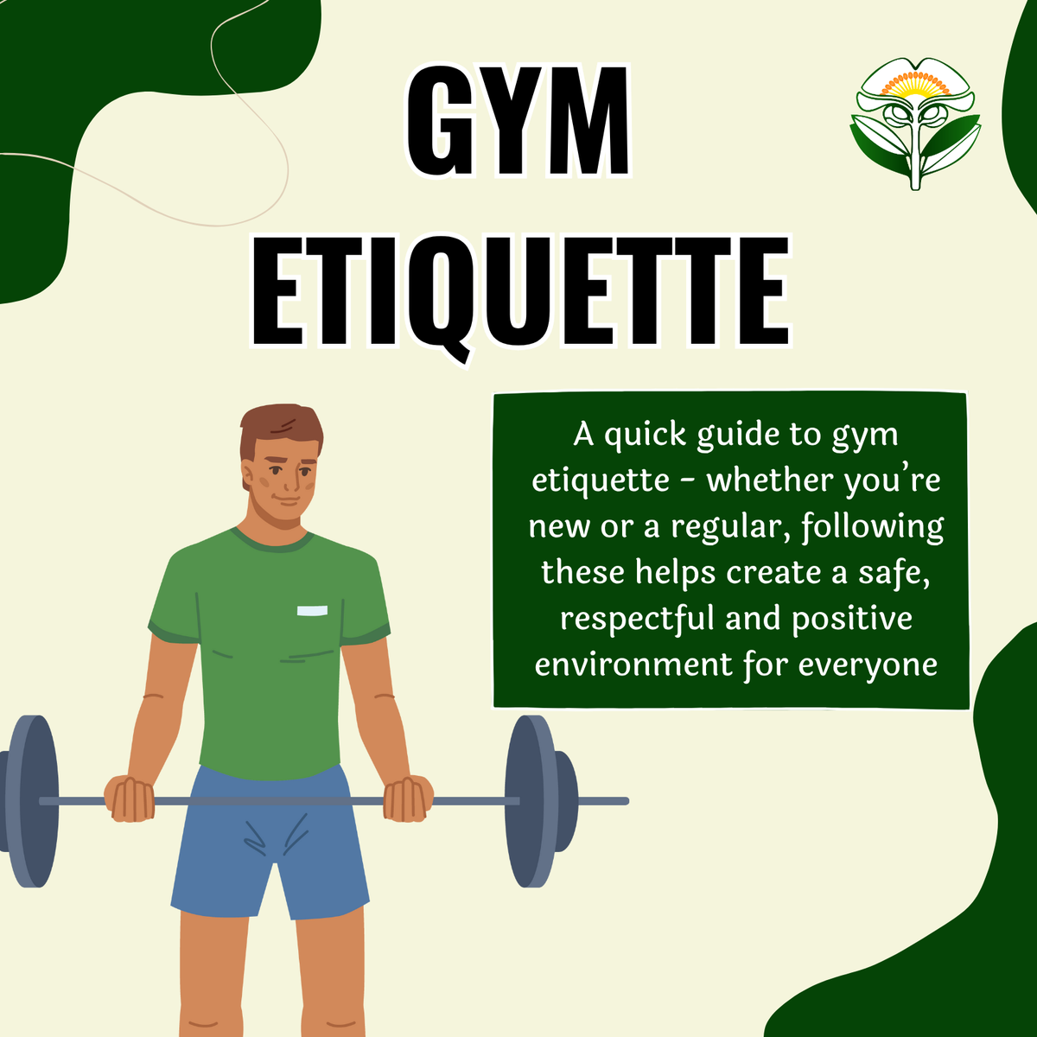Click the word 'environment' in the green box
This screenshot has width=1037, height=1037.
pyautogui.click(x=633, y=665)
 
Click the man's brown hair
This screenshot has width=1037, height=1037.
pyautogui.click(x=280, y=425)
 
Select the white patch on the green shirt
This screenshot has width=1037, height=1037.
pyautogui.click(x=312, y=611)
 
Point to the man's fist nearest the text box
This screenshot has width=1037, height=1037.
pyautogui.click(x=407, y=798)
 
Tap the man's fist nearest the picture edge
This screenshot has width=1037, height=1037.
pyautogui.click(x=130, y=798)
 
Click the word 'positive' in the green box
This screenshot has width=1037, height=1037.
pyautogui.click(x=851, y=620)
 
